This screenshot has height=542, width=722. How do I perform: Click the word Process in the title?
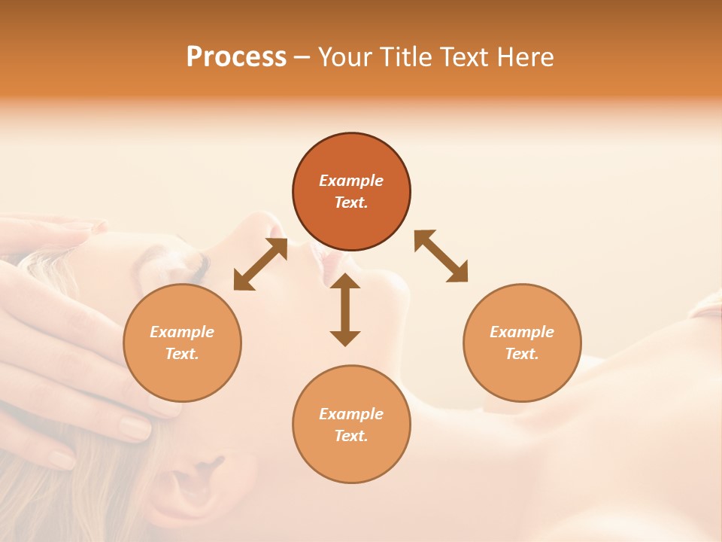coord(236,57)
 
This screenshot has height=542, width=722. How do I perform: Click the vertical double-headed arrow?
coord(345,309)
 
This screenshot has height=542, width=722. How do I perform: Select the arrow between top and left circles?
coord(260,264)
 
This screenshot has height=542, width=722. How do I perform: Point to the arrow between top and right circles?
coord(441,256)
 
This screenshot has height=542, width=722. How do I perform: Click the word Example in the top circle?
coord(351,181)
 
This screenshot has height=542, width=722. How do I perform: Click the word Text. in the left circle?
coord(182,354)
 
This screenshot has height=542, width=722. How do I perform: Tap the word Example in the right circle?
coord(522,332)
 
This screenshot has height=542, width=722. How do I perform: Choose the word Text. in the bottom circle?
coord(351,436)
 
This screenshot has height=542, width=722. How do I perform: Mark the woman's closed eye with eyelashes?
coord(197,263)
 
